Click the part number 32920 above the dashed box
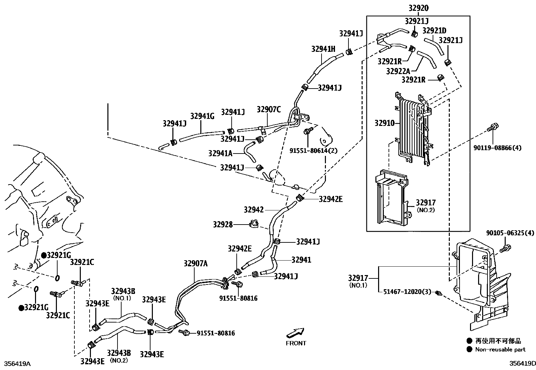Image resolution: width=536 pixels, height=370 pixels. (x=418, y=8)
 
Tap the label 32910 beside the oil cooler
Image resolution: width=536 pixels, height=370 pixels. (x=384, y=123)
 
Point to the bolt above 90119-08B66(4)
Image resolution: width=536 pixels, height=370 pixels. (x=493, y=128)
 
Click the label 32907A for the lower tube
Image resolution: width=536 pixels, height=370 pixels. (x=196, y=264)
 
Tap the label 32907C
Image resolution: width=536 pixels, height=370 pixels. (x=268, y=109)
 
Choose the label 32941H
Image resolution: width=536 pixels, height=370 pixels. (x=323, y=49)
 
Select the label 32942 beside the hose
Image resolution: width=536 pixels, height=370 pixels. (x=254, y=210)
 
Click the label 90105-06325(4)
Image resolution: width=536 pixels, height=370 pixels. (x=510, y=233)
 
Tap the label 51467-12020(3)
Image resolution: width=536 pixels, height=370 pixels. (x=407, y=292)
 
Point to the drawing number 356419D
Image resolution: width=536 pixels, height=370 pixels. (x=522, y=364)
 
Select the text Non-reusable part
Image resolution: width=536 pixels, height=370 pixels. (x=500, y=349)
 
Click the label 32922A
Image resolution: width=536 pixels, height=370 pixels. (x=398, y=71)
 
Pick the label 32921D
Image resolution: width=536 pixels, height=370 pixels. (x=434, y=31)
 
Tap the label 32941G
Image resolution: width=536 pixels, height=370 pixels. (x=202, y=116)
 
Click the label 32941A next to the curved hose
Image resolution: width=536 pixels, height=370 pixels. (x=220, y=154)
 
